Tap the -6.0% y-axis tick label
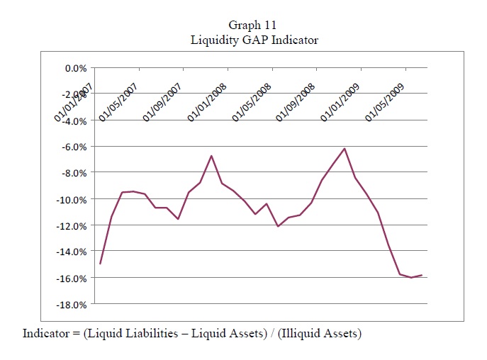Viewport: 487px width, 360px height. pyautogui.click(x=74, y=147)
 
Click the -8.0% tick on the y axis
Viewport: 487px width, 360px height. pyautogui.click(x=74, y=174)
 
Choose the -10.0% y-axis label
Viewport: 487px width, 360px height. pyautogui.click(x=72, y=200)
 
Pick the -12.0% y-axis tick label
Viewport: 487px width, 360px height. pyautogui.click(x=72, y=226)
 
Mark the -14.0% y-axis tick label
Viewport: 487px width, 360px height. pyautogui.click(x=72, y=252)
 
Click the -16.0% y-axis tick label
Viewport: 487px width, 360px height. pyautogui.click(x=72, y=279)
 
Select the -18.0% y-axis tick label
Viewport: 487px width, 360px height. pyautogui.click(x=72, y=305)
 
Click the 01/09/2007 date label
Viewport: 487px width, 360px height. pyautogui.click(x=162, y=103)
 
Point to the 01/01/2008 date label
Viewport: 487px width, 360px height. pyautogui.click(x=207, y=103)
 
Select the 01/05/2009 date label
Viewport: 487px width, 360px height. pyautogui.click(x=385, y=103)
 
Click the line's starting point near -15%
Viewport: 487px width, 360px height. pyautogui.click(x=101, y=264)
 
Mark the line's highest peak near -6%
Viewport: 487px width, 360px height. pyautogui.click(x=345, y=149)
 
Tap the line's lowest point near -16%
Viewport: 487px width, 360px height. pyautogui.click(x=411, y=277)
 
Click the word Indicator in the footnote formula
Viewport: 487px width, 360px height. pyautogui.click(x=46, y=333)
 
